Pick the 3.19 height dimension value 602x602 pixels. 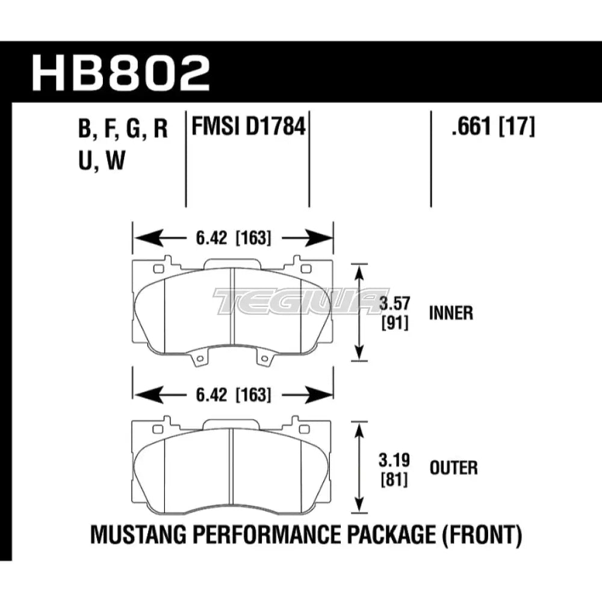pyautogui.click(x=394, y=462)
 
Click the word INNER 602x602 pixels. pyautogui.click(x=450, y=313)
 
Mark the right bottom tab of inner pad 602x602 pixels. pyautogui.click(x=262, y=359)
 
